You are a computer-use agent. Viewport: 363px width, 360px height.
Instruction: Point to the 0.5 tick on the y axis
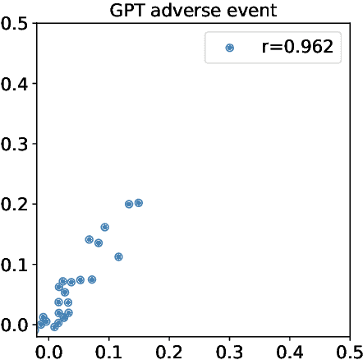pyautogui.click(x=14, y=23)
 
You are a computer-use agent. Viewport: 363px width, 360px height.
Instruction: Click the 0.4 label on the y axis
pyautogui.click(x=14, y=83)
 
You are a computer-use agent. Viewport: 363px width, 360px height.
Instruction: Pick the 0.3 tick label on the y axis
pyautogui.click(x=14, y=144)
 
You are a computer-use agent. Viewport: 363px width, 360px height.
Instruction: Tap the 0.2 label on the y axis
pyautogui.click(x=14, y=204)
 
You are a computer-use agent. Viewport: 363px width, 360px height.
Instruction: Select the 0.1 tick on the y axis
pyautogui.click(x=14, y=264)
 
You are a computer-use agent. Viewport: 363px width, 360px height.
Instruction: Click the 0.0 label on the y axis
pyautogui.click(x=14, y=324)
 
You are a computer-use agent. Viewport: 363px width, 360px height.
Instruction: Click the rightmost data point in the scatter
pyautogui.click(x=139, y=202)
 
